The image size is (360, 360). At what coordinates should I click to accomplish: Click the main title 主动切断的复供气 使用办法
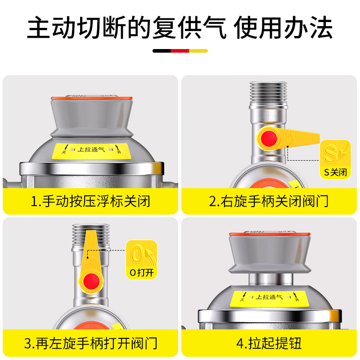[180, 28]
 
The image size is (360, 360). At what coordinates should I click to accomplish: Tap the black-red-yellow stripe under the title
[180, 51]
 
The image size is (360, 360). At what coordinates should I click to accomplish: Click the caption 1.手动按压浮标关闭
[90, 201]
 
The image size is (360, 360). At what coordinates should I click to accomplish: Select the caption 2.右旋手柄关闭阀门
[269, 201]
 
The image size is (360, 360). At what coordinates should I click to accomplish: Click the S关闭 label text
[335, 172]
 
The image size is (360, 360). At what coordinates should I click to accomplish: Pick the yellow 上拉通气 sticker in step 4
[269, 297]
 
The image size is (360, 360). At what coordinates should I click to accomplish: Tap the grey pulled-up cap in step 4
[269, 254]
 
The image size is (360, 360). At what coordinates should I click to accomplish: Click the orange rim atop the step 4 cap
[269, 234]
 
